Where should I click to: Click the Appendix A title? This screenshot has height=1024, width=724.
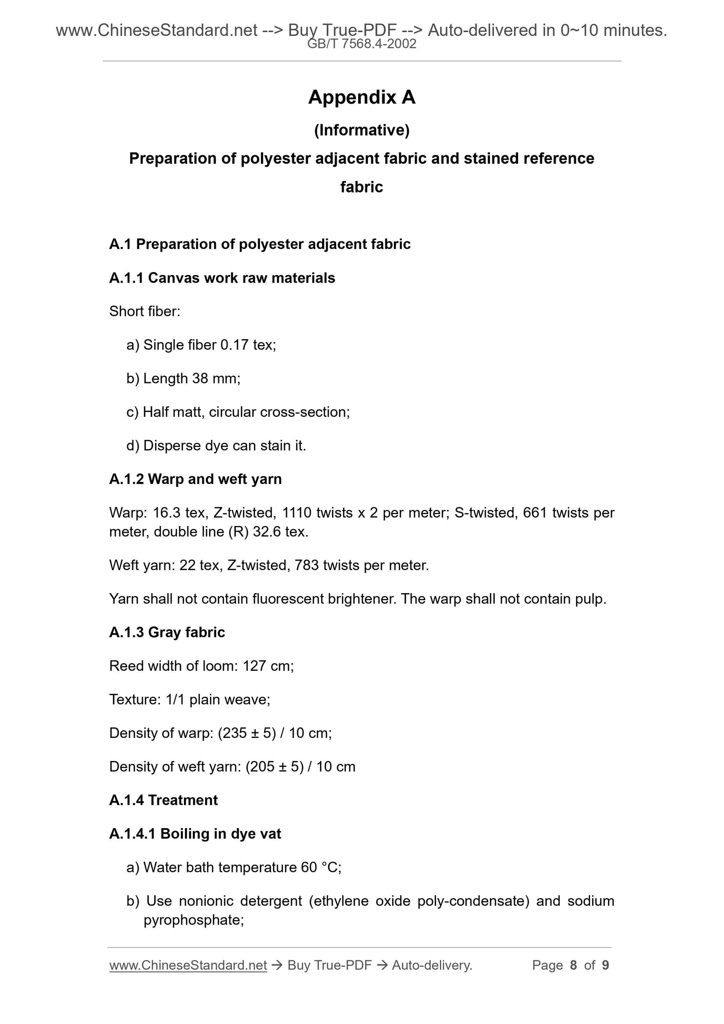(x=362, y=97)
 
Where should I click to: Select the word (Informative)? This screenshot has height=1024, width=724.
(x=362, y=130)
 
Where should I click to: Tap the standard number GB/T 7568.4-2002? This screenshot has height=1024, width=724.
(x=362, y=44)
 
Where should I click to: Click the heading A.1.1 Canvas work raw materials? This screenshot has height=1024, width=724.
(x=222, y=278)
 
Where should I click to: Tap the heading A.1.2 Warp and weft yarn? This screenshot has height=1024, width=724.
(x=195, y=479)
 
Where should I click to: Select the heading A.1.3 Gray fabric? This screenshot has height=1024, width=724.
(x=167, y=632)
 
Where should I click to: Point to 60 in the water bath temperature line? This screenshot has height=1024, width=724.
(x=309, y=867)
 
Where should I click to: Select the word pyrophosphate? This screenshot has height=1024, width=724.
(x=193, y=920)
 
